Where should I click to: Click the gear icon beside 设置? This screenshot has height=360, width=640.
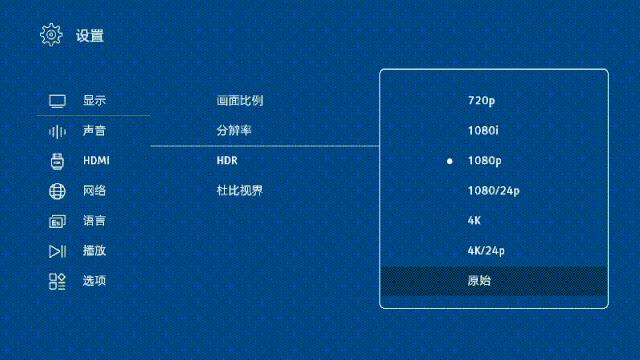pos(50,35)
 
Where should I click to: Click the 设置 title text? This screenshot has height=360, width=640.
pos(89,36)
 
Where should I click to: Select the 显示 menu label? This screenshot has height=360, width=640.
pos(94,101)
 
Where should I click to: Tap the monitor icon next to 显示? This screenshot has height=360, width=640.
pos(57,101)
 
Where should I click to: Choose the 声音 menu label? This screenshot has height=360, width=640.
pos(94,131)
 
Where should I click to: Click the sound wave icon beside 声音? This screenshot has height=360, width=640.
pos(57,131)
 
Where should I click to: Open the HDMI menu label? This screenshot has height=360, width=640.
pos(96,161)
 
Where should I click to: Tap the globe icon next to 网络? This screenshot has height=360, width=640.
pos(57,191)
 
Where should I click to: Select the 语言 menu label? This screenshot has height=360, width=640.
pos(94,221)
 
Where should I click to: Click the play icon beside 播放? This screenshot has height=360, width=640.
pos(57,251)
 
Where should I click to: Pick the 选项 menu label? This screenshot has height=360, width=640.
pos(94,281)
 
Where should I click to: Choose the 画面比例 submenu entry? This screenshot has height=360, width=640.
pos(240,101)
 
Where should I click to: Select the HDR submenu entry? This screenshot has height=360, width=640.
pos(227,161)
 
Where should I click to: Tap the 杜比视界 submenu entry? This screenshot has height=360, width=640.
pos(240,190)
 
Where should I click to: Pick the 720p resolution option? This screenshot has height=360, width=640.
pos(481,101)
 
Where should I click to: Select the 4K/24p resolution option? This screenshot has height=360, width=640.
pos(486,250)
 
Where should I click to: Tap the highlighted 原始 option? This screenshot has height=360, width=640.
pos(479,280)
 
